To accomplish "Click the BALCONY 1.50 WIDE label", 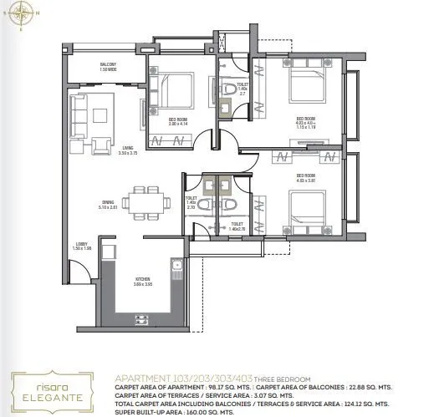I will click(x=108, y=67).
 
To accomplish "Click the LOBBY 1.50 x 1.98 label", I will click(x=81, y=247).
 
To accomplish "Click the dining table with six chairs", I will click(x=140, y=201).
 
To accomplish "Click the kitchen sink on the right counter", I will click(x=176, y=269).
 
